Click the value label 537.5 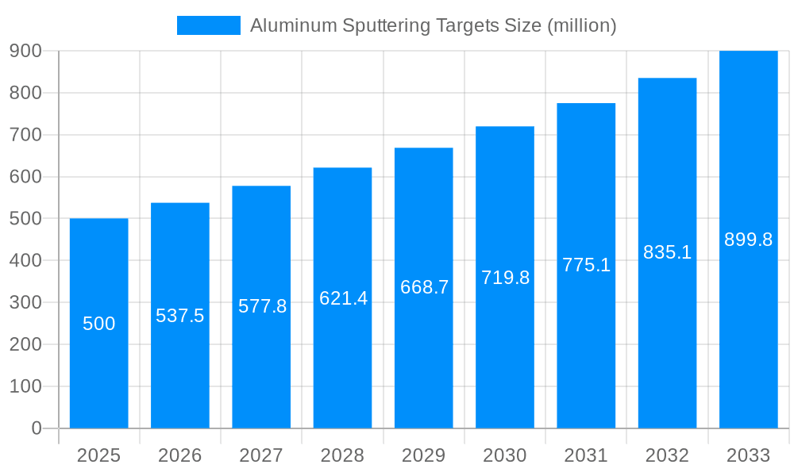[x=180, y=316]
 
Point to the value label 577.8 [x=262, y=306]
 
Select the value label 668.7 [x=424, y=287]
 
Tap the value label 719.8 [x=505, y=278]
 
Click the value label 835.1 [x=667, y=252]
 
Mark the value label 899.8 [x=748, y=240]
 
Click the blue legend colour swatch [x=208, y=25]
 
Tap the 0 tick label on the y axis [x=36, y=428]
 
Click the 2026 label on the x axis [x=180, y=455]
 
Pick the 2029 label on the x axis [x=424, y=455]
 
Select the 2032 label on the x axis [x=667, y=455]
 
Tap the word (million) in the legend [x=582, y=25]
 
